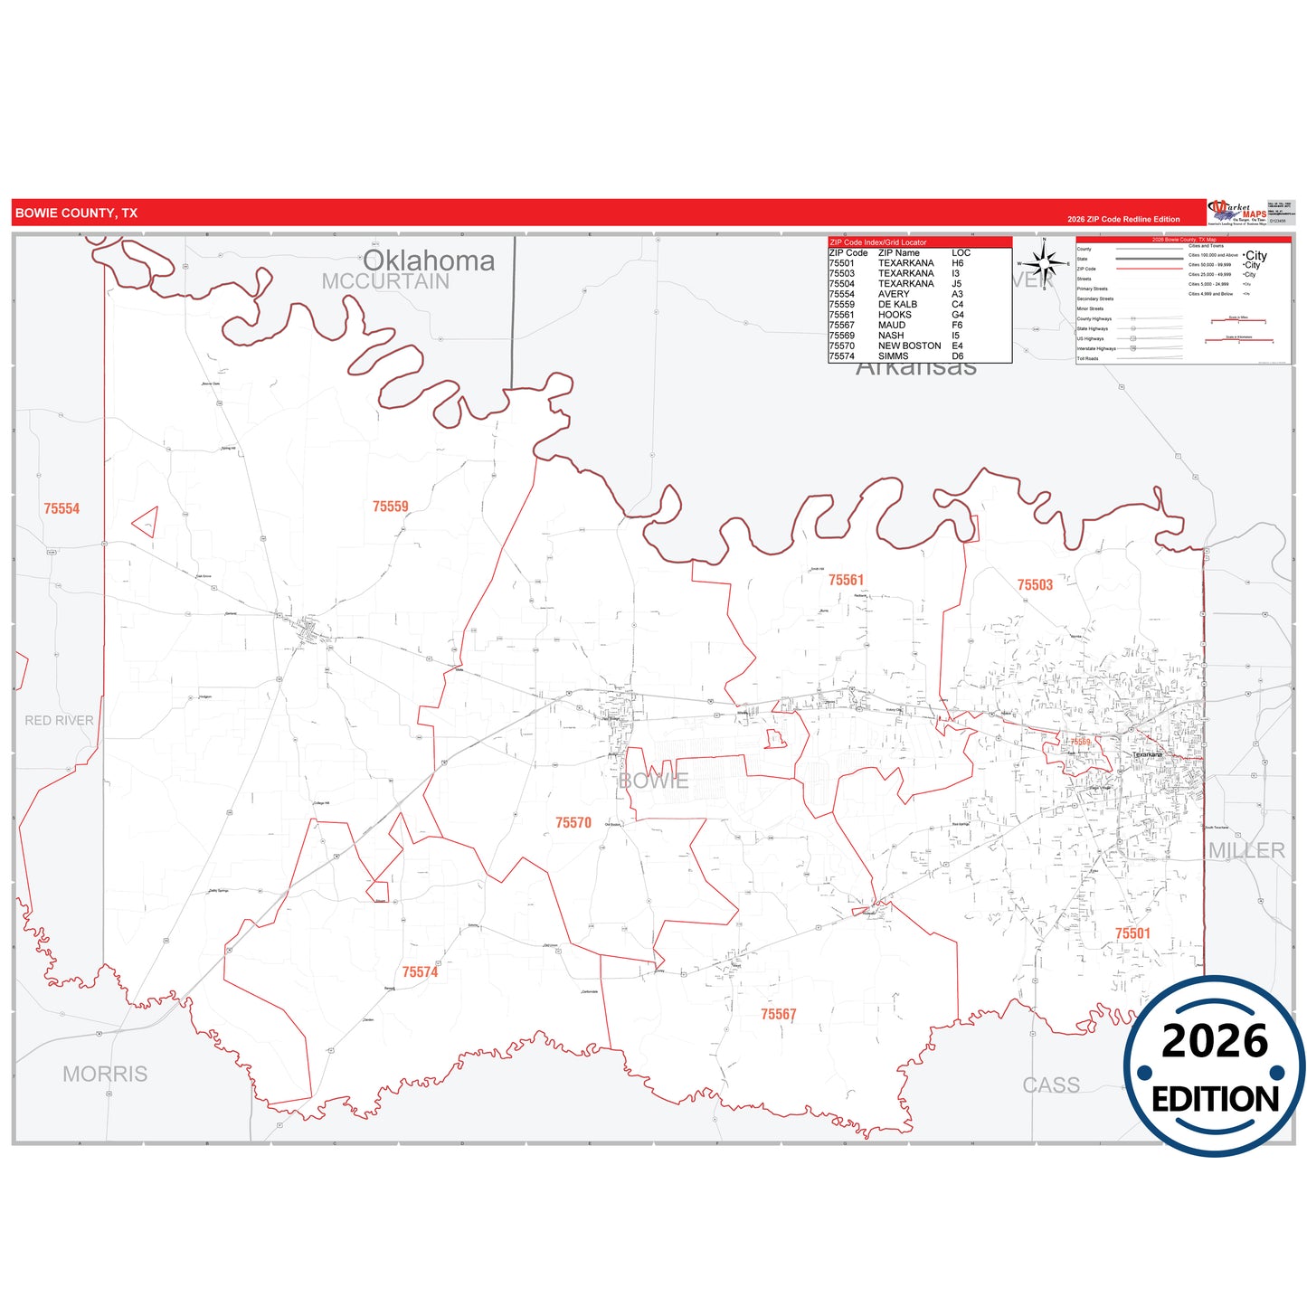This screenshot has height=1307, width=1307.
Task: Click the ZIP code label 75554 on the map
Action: (x=62, y=509)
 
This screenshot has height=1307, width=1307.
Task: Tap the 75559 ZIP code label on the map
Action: (x=391, y=507)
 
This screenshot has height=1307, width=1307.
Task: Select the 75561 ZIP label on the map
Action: (x=846, y=580)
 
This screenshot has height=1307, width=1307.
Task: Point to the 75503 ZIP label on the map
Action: (x=1035, y=585)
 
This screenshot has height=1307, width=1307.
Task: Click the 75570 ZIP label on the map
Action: (x=573, y=822)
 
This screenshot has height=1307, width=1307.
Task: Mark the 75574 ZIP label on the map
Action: (x=420, y=972)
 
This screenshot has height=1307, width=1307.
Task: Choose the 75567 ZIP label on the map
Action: (x=778, y=1015)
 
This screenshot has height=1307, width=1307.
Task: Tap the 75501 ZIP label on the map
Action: (x=1132, y=933)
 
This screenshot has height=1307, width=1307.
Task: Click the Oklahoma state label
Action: (x=429, y=260)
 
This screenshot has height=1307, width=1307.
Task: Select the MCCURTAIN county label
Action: (x=385, y=281)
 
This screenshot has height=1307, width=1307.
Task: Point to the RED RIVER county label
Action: (x=59, y=721)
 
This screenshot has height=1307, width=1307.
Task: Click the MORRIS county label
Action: (x=105, y=1074)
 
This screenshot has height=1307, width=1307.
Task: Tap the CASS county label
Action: (x=1051, y=1084)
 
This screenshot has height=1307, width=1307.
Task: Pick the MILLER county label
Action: (x=1246, y=850)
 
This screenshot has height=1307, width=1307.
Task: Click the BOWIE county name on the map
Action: (x=653, y=781)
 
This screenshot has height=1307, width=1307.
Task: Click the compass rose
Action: (x=1044, y=264)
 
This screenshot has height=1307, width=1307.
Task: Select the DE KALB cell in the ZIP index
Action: (x=897, y=305)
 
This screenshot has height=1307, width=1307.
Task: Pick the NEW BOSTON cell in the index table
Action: (x=909, y=346)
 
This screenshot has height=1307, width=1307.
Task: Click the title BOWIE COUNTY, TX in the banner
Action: (x=77, y=213)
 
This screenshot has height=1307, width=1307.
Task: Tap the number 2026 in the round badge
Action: (x=1214, y=1041)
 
